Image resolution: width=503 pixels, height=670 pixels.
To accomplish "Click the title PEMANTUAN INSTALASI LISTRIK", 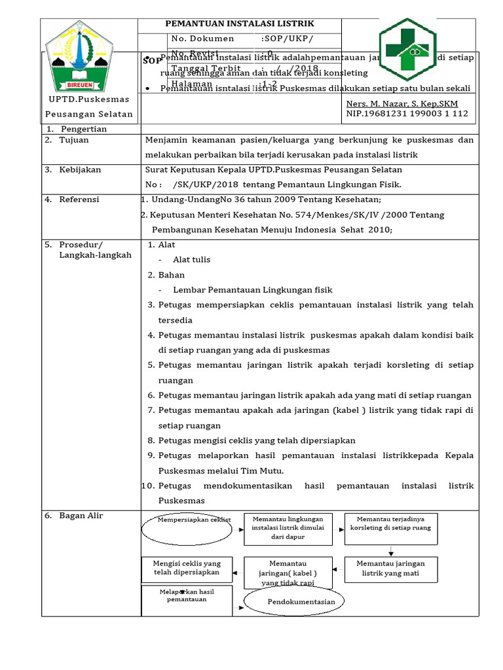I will (x=240, y=24).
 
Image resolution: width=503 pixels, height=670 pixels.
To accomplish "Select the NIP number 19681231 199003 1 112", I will (x=407, y=114).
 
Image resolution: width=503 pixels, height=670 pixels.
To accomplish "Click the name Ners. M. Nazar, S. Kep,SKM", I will (x=401, y=104).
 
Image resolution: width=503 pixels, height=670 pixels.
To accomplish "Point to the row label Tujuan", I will (x=73, y=140).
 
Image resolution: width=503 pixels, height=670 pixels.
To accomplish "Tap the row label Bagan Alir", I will (x=81, y=516).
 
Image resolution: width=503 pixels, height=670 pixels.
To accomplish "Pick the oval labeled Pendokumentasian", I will (x=295, y=601).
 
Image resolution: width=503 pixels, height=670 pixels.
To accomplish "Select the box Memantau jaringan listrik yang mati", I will (x=390, y=568).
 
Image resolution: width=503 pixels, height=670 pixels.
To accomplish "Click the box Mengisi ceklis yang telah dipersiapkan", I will (x=187, y=567).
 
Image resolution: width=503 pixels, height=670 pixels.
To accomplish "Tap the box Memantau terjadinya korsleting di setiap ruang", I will (x=390, y=523).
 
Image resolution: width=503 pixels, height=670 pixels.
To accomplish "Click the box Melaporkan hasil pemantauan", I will (x=187, y=600).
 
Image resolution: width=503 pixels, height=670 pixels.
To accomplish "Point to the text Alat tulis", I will (x=192, y=260).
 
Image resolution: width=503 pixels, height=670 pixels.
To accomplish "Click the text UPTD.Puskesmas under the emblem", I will (x=90, y=99).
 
